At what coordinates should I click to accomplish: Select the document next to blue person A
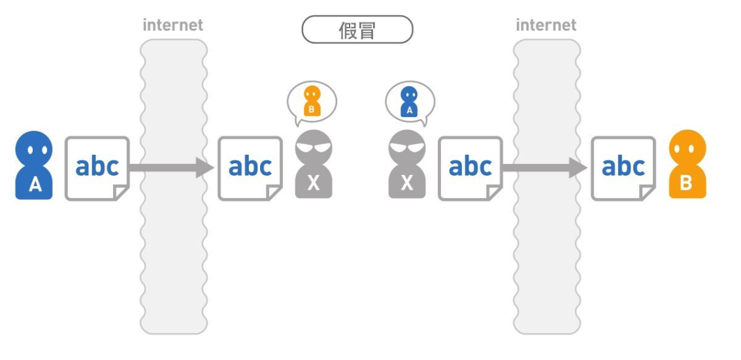tap(97, 168)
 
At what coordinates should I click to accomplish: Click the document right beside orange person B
tap(623, 168)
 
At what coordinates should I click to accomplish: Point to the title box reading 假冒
tap(357, 30)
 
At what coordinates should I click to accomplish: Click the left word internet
tap(173, 25)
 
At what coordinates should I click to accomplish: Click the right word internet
tap(546, 25)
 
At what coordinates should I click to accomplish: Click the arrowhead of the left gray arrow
tap(205, 167)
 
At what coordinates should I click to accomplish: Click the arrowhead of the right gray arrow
tap(578, 167)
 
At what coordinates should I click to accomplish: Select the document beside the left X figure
tap(250, 168)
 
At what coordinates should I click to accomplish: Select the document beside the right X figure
tap(470, 168)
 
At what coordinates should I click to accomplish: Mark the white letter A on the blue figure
tap(35, 186)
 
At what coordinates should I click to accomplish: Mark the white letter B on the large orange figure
tap(687, 184)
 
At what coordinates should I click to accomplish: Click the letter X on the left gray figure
tap(314, 184)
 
